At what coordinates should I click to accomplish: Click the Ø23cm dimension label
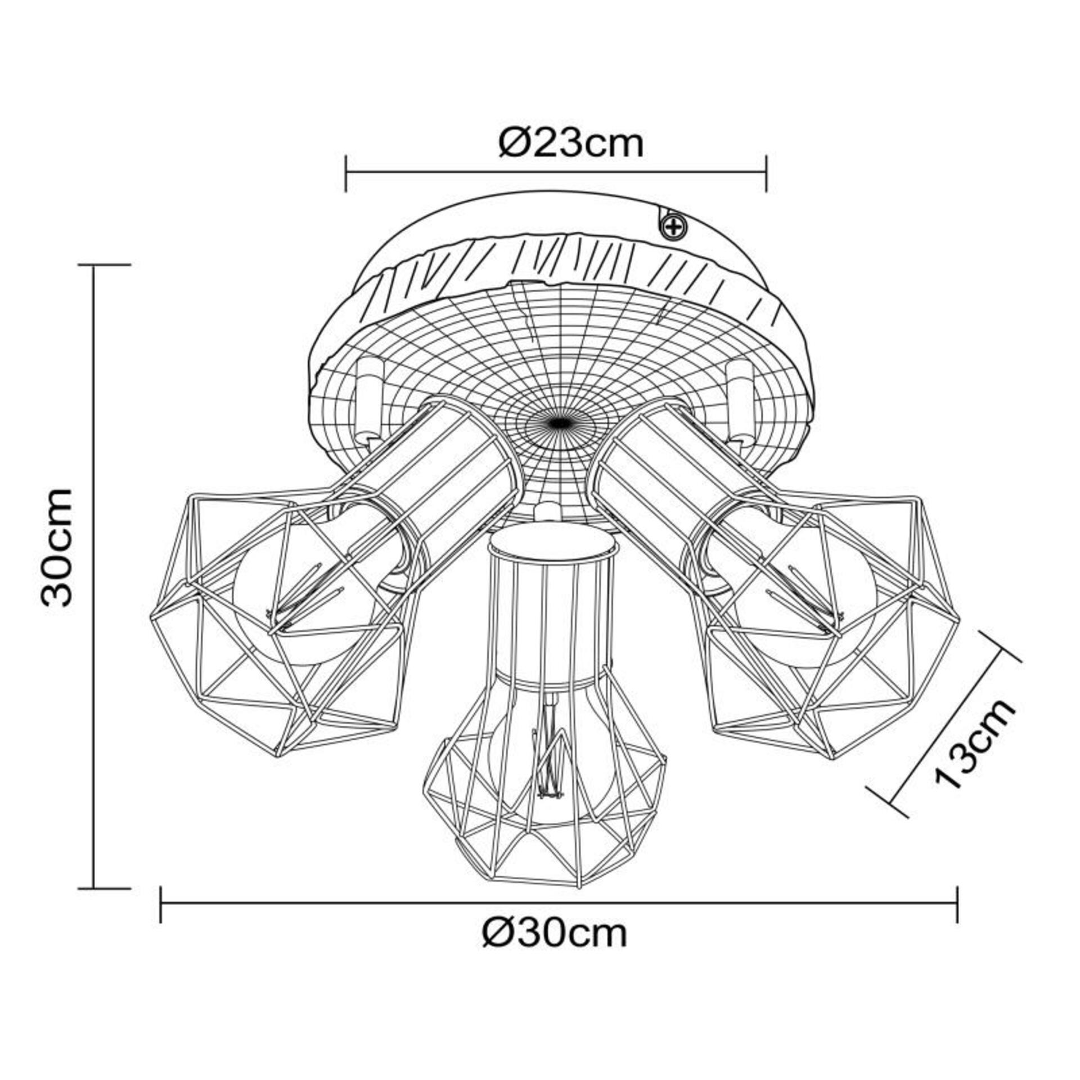(571, 145)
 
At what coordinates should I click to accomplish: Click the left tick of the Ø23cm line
(345, 173)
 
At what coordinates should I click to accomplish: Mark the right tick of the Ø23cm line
(766, 173)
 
